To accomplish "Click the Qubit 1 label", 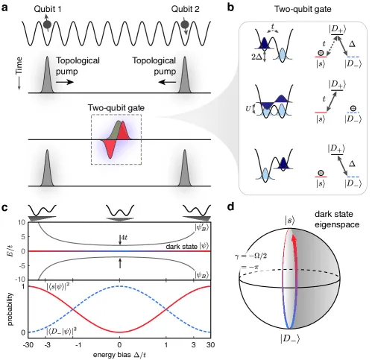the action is (x=48, y=9).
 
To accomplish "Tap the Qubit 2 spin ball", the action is (x=185, y=25).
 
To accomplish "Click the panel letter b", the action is (x=231, y=7).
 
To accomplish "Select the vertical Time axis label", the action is (x=19, y=66).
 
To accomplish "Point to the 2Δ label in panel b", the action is (x=256, y=57).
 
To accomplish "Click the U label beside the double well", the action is (x=248, y=109).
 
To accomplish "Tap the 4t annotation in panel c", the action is (x=124, y=237).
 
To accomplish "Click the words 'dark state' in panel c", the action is (x=181, y=247).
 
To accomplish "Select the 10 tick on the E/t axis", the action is (x=22, y=222).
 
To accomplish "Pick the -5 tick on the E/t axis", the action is (x=22, y=266).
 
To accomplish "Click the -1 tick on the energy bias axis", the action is (x=78, y=345).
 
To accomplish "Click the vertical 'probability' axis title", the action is (x=10, y=309).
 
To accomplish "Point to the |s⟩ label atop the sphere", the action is (x=290, y=221).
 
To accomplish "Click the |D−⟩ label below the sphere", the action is (x=290, y=338).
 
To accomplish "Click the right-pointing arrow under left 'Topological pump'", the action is (x=65, y=82).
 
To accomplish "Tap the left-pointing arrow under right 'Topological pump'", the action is (x=167, y=82).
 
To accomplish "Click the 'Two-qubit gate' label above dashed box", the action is (x=116, y=108).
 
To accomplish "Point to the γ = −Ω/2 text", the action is (x=250, y=256).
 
